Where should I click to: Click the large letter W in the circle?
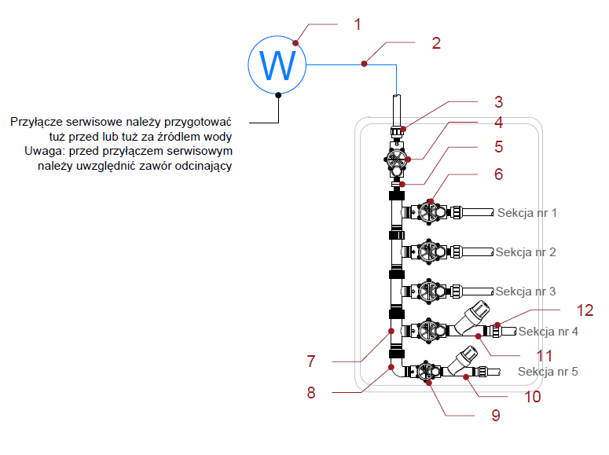(x=278, y=66)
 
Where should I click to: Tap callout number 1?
(x=358, y=24)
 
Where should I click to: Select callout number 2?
(x=436, y=43)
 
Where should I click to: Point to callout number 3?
(x=497, y=101)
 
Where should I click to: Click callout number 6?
(x=497, y=174)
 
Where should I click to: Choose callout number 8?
(x=311, y=393)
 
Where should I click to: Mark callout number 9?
(x=495, y=416)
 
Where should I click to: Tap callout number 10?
(x=533, y=397)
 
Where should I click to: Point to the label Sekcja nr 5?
(x=548, y=371)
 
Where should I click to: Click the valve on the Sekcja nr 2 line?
(x=427, y=251)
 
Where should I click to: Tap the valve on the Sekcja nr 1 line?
(x=427, y=211)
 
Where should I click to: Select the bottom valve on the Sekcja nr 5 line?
(x=427, y=371)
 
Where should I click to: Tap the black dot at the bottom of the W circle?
(x=279, y=96)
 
